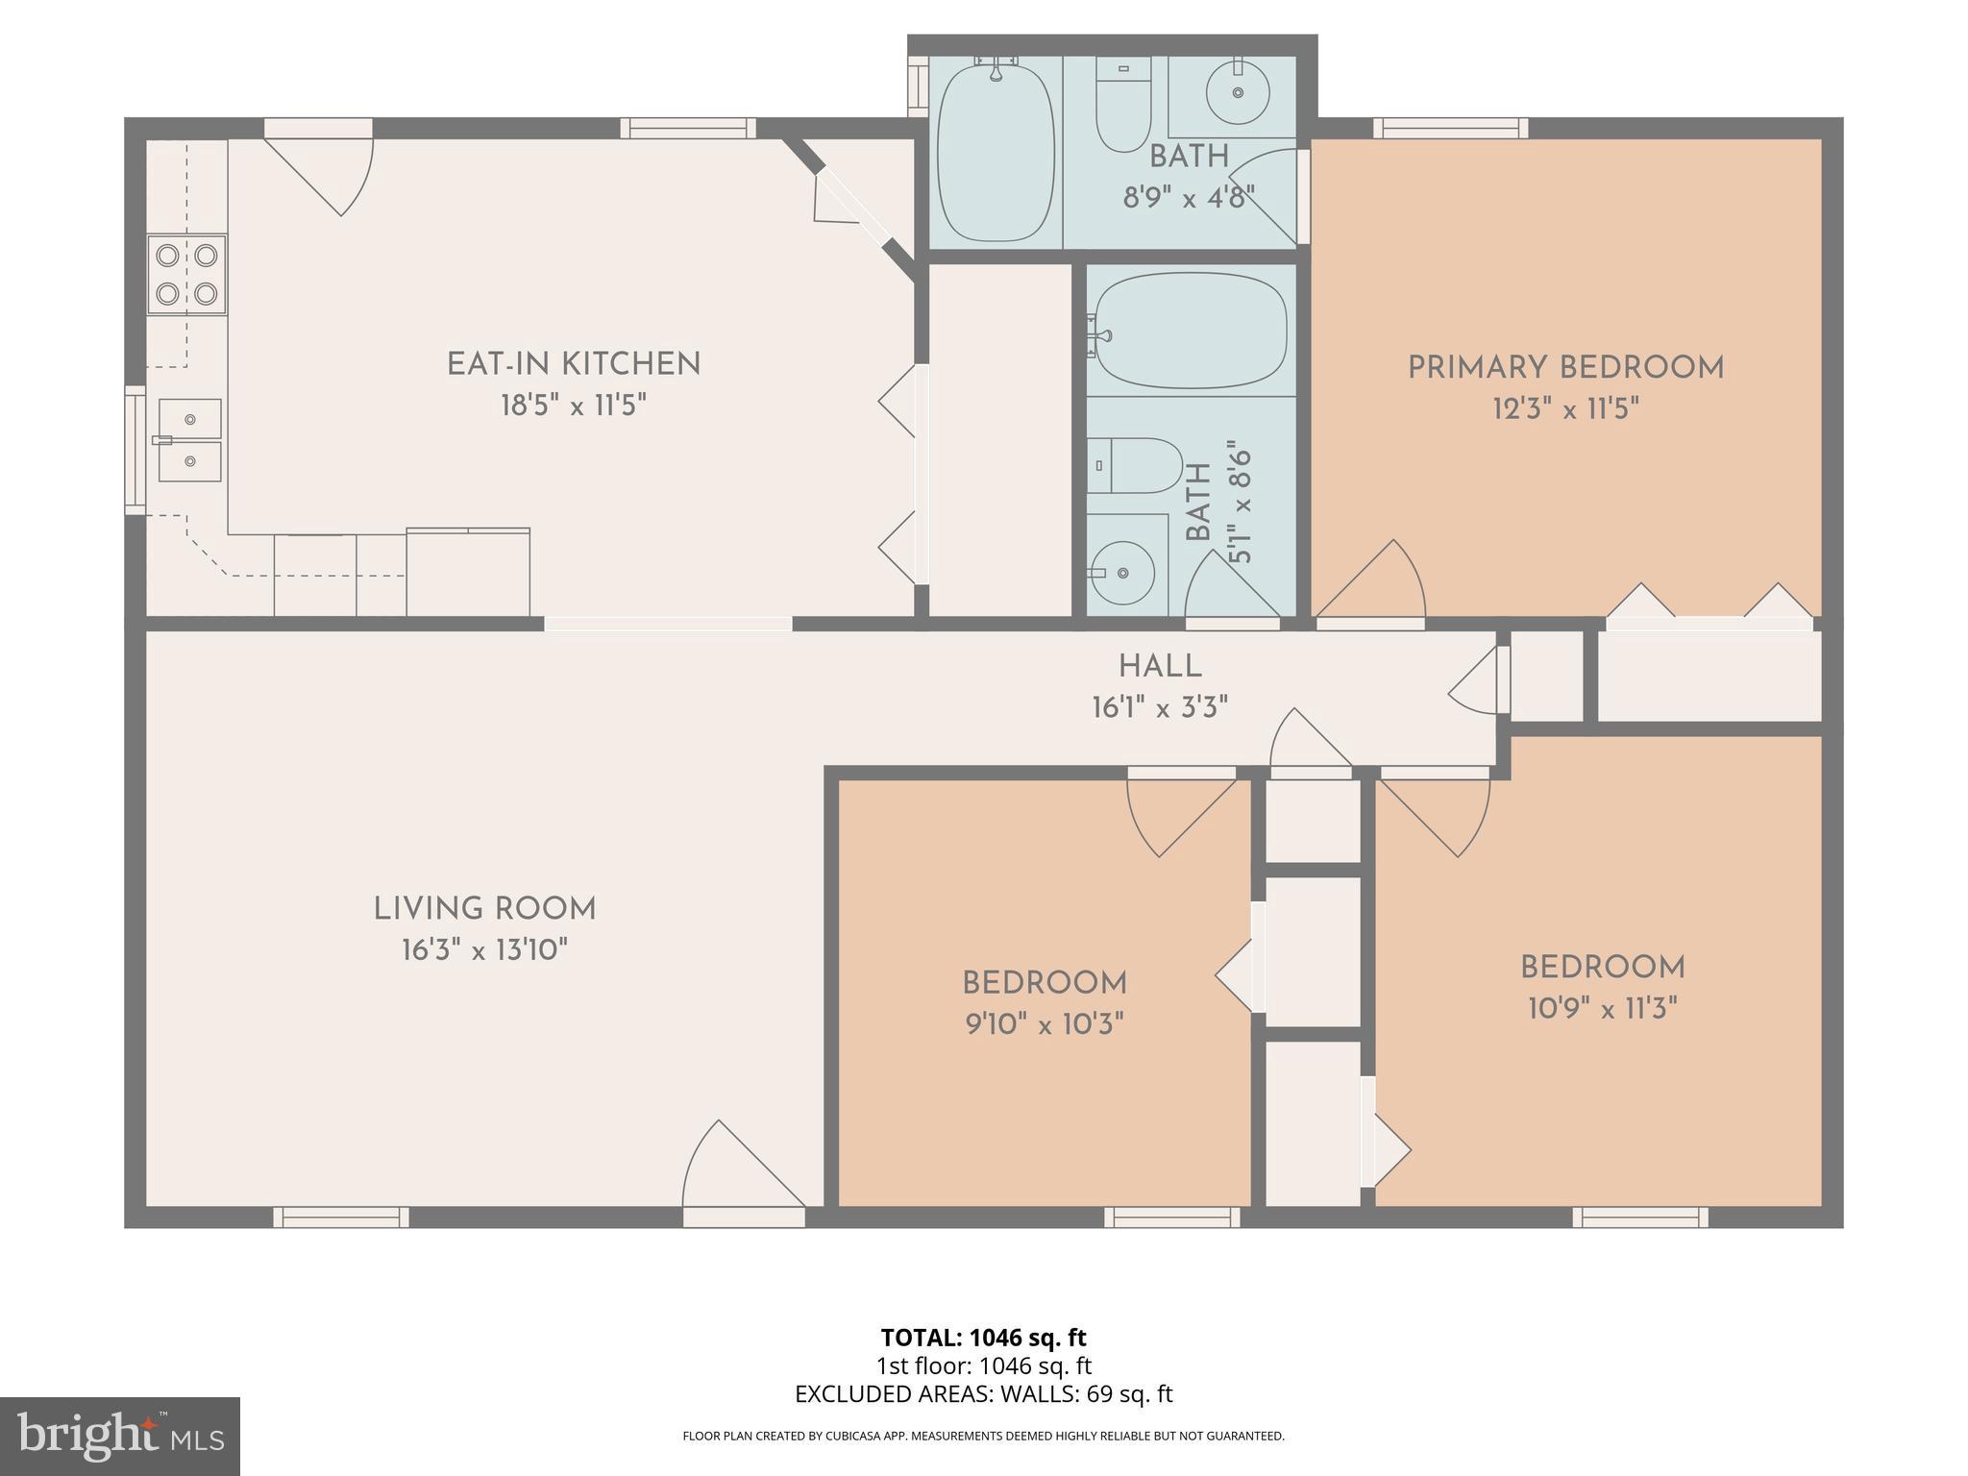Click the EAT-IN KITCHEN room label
pyautogui.click(x=574, y=364)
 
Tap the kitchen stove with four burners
pyautogui.click(x=186, y=274)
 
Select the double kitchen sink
pyautogui.click(x=189, y=440)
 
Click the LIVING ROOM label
pyautogui.click(x=485, y=909)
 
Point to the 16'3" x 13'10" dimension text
pyautogui.click(x=485, y=950)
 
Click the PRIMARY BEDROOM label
pyautogui.click(x=1566, y=368)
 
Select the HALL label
pyautogui.click(x=1160, y=666)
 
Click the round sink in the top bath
pyautogui.click(x=1238, y=92)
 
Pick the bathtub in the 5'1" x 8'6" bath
pyautogui.click(x=1192, y=330)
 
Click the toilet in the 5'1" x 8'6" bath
pyautogui.click(x=1135, y=465)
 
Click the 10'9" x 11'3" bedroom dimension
pyautogui.click(x=1603, y=1008)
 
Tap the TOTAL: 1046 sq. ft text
pyautogui.click(x=983, y=1338)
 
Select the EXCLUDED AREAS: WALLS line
pyautogui.click(x=984, y=1394)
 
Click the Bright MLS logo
pyautogui.click(x=120, y=1437)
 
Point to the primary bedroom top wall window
pyautogui.click(x=1450, y=128)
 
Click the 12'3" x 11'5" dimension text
pyautogui.click(x=1565, y=409)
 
